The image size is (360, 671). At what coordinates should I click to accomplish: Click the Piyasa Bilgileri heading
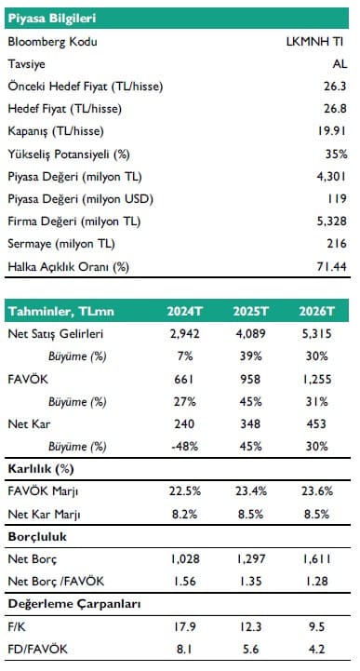tap(52, 19)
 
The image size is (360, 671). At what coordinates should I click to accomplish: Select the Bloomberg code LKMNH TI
tap(314, 42)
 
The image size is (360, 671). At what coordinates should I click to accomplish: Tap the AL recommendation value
tap(340, 64)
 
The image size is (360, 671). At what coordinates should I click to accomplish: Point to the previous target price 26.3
tap(335, 87)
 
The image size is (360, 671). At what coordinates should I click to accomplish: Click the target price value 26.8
tap(335, 109)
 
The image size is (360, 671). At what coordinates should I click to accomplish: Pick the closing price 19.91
tap(332, 131)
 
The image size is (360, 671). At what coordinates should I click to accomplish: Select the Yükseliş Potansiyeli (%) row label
tap(69, 154)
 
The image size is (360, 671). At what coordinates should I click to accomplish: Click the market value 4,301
tap(332, 176)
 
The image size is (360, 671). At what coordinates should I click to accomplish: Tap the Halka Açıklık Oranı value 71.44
tap(332, 267)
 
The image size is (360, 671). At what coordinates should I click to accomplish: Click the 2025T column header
tap(250, 311)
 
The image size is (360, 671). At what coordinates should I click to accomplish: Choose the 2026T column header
tap(317, 311)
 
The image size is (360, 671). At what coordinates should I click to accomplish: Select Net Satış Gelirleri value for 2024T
tap(185, 334)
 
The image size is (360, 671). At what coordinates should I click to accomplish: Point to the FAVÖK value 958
tap(250, 379)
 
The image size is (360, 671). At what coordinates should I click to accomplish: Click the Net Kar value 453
tap(317, 424)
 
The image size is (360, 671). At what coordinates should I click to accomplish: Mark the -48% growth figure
tap(185, 447)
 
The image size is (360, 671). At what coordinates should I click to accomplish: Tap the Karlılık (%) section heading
tap(41, 469)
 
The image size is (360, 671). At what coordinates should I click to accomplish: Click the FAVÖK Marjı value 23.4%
tap(250, 491)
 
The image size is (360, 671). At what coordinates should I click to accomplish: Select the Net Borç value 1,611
tap(317, 559)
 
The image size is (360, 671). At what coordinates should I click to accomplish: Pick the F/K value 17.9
tap(185, 627)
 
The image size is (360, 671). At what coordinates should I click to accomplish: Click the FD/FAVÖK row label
tap(37, 650)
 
